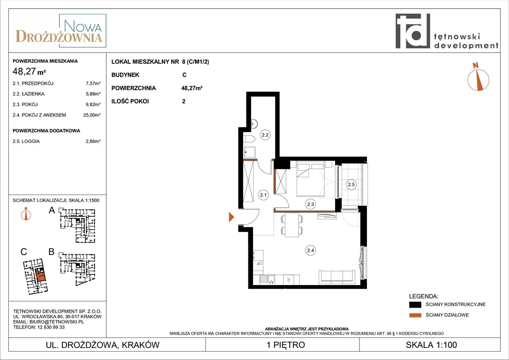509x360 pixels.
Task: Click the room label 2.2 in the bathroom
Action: pos(265,135)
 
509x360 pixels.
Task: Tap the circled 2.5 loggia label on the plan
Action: pos(351,184)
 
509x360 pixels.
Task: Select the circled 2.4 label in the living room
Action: pos(310,250)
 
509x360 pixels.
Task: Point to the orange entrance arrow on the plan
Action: pos(232,217)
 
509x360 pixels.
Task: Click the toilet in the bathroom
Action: pos(250,140)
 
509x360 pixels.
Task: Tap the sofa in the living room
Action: pos(337,277)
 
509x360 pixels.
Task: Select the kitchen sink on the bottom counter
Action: pos(267,279)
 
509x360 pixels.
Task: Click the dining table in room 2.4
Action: pos(292,225)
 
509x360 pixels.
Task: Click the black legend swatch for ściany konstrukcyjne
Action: pos(415,305)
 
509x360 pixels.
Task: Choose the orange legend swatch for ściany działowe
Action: pos(415,315)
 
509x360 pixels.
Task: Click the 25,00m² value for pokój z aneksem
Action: pos(92,115)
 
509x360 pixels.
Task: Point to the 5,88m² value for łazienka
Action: pos(93,94)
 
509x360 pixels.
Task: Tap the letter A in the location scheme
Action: pos(52,210)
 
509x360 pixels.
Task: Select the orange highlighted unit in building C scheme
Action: pos(41,274)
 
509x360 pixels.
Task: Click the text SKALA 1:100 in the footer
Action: pos(431,345)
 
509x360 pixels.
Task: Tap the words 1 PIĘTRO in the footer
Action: pos(285,345)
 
